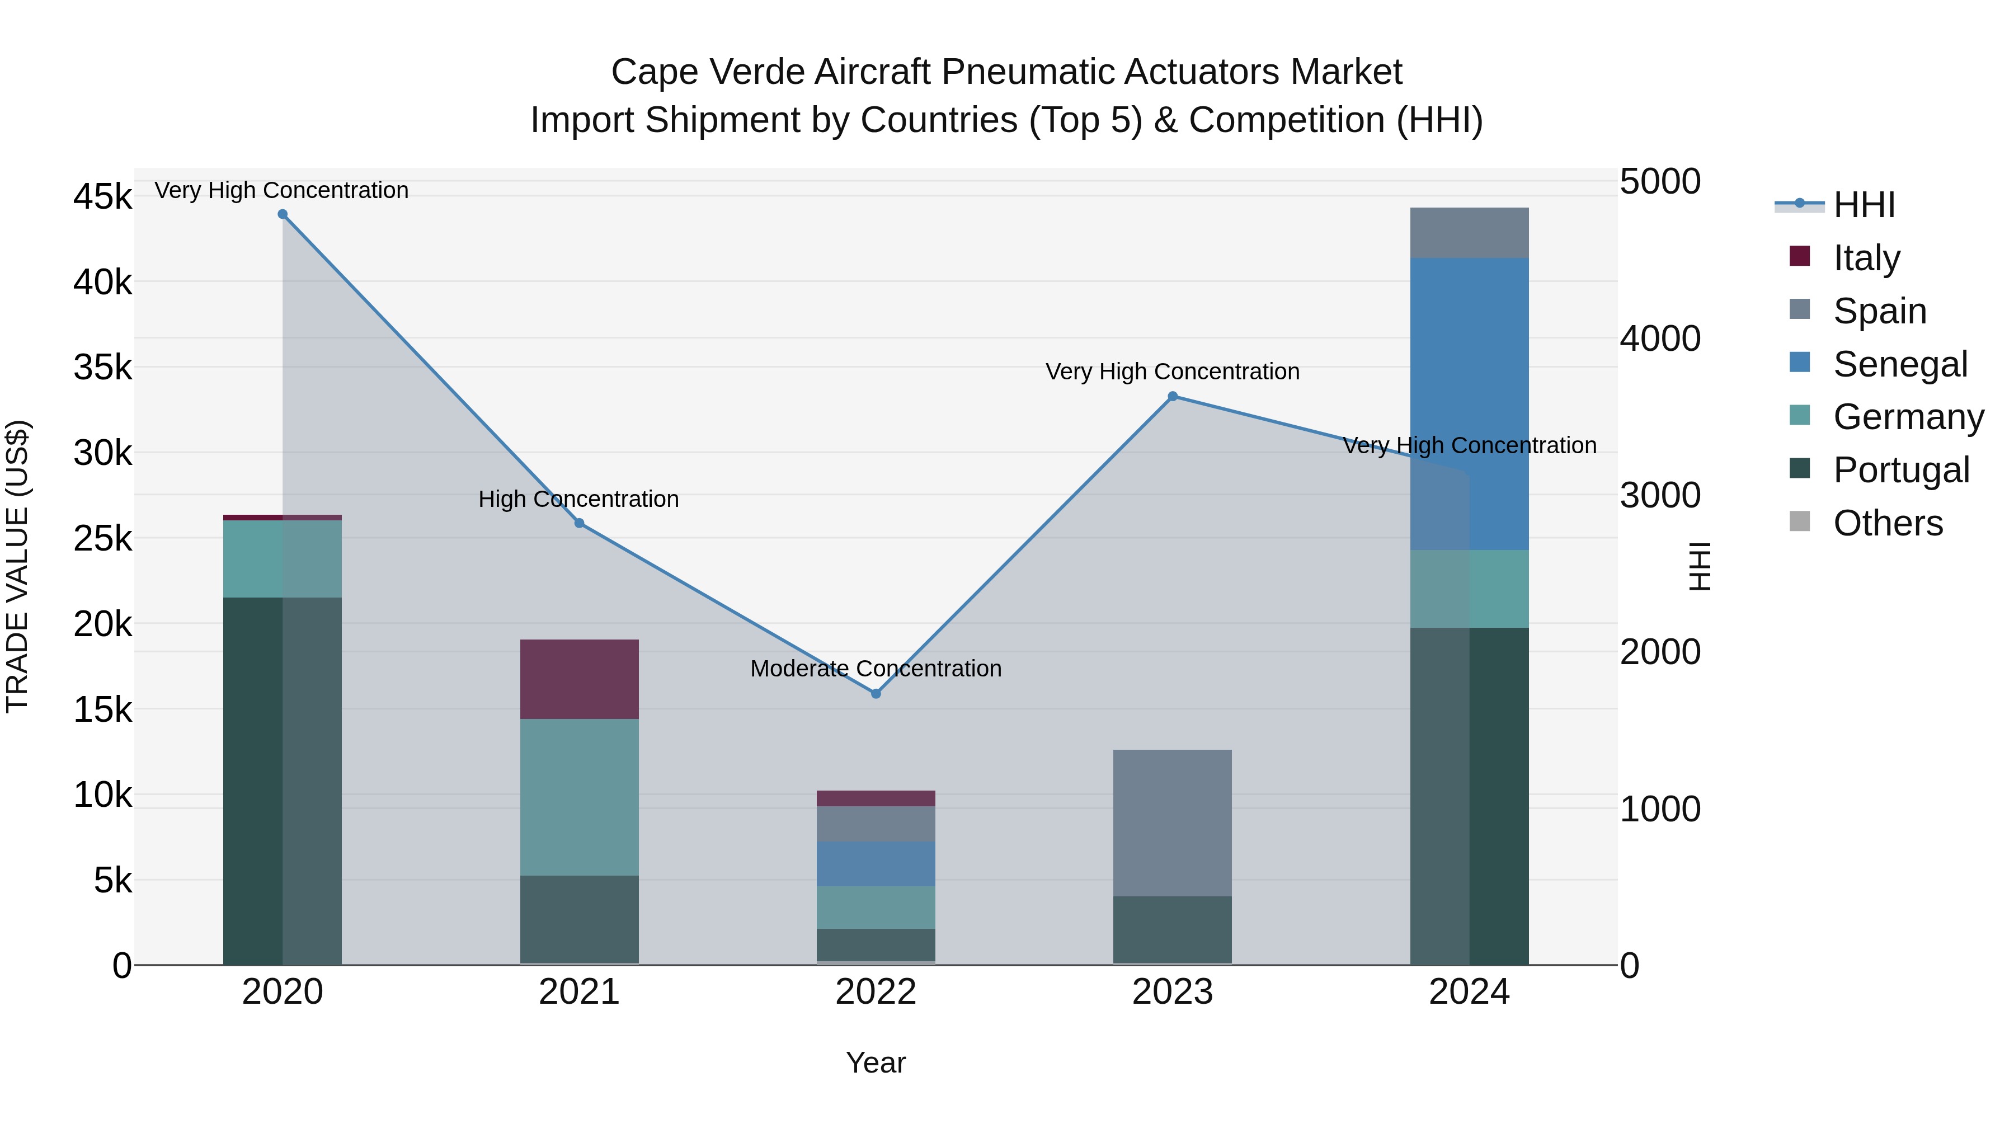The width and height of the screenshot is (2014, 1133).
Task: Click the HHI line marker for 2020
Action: (x=283, y=214)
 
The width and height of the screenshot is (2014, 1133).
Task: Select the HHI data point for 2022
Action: (x=876, y=694)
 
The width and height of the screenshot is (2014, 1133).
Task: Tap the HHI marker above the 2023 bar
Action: (x=1172, y=397)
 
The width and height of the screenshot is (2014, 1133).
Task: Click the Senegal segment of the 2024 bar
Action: (x=1469, y=403)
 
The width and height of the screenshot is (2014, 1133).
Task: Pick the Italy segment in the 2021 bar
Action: (x=580, y=679)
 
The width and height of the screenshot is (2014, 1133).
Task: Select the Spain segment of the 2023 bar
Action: (x=1172, y=822)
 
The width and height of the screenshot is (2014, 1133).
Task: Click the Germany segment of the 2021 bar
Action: (x=580, y=797)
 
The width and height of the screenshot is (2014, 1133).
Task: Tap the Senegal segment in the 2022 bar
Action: (x=876, y=863)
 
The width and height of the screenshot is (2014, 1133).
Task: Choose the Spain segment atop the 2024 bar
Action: (x=1469, y=233)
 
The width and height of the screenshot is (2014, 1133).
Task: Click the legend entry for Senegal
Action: (x=1899, y=364)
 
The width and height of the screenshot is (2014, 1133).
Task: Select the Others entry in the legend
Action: (x=1888, y=523)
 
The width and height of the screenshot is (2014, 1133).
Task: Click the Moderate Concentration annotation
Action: (x=876, y=669)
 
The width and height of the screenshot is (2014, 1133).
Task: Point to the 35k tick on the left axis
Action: (x=102, y=368)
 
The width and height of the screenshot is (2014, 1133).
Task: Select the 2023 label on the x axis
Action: (x=1172, y=992)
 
